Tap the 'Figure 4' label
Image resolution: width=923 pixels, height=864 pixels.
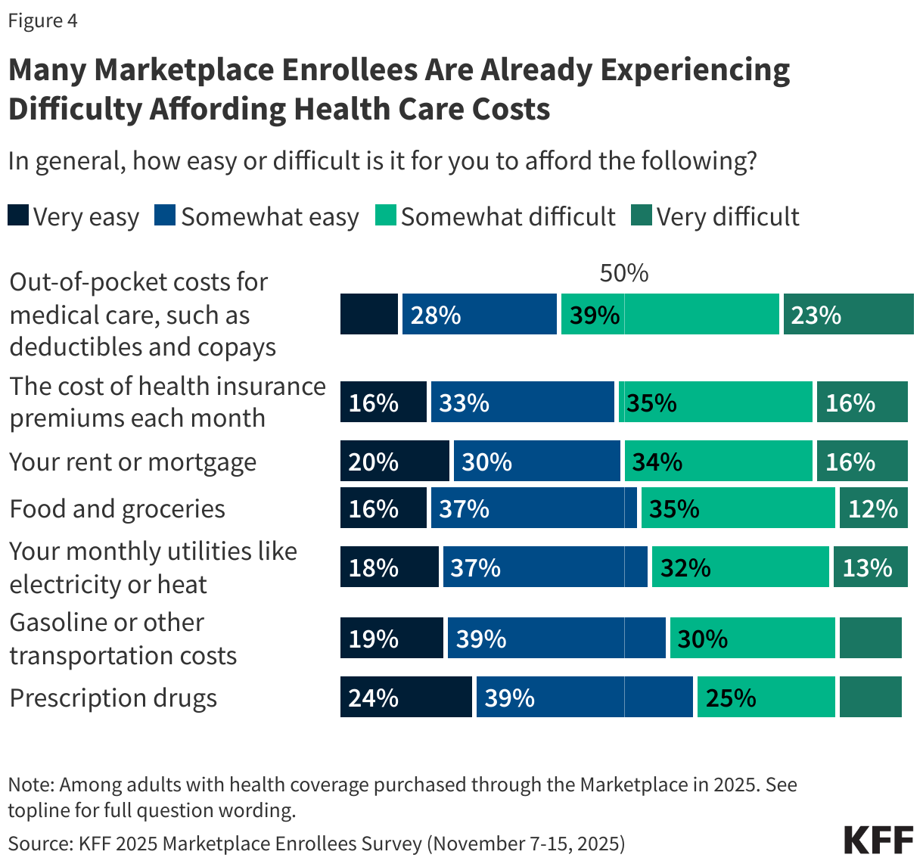(x=43, y=20)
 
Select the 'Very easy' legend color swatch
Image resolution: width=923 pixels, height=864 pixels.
(x=18, y=216)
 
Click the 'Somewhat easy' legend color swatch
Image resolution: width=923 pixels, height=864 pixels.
(x=165, y=216)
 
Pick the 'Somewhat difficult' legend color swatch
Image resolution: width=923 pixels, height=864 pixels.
(x=386, y=216)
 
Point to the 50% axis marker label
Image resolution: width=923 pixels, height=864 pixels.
(x=623, y=273)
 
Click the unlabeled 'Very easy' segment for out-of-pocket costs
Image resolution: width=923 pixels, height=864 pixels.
(x=369, y=314)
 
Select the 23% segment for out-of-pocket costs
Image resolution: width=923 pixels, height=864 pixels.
(x=848, y=314)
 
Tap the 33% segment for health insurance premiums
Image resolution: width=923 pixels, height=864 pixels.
(x=522, y=402)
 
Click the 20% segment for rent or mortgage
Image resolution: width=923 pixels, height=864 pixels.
(x=394, y=461)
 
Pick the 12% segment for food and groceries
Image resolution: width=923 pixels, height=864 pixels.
(x=873, y=508)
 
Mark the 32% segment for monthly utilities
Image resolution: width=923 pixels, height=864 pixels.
(x=740, y=567)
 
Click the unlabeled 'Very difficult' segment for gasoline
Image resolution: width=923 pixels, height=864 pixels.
(x=870, y=638)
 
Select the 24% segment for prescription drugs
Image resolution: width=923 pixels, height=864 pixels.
(x=406, y=697)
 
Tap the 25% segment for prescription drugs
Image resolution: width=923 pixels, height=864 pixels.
(x=766, y=697)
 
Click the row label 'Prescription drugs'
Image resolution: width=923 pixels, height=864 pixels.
(x=113, y=698)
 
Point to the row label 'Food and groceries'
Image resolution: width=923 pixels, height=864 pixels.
(x=117, y=508)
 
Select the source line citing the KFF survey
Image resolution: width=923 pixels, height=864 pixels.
(x=316, y=844)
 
